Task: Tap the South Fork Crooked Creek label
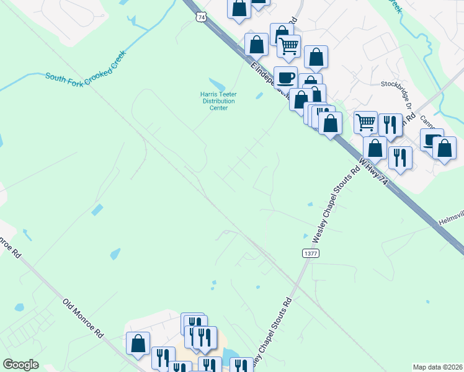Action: [x=86, y=69]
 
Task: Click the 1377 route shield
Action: [x=311, y=253]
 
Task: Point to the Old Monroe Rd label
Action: [x=83, y=317]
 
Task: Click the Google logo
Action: [x=20, y=364]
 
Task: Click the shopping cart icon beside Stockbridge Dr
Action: [x=366, y=122]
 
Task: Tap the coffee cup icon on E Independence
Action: [x=285, y=77]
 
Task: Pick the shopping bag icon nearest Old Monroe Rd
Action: [x=138, y=342]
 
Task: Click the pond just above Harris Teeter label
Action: [x=216, y=84]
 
